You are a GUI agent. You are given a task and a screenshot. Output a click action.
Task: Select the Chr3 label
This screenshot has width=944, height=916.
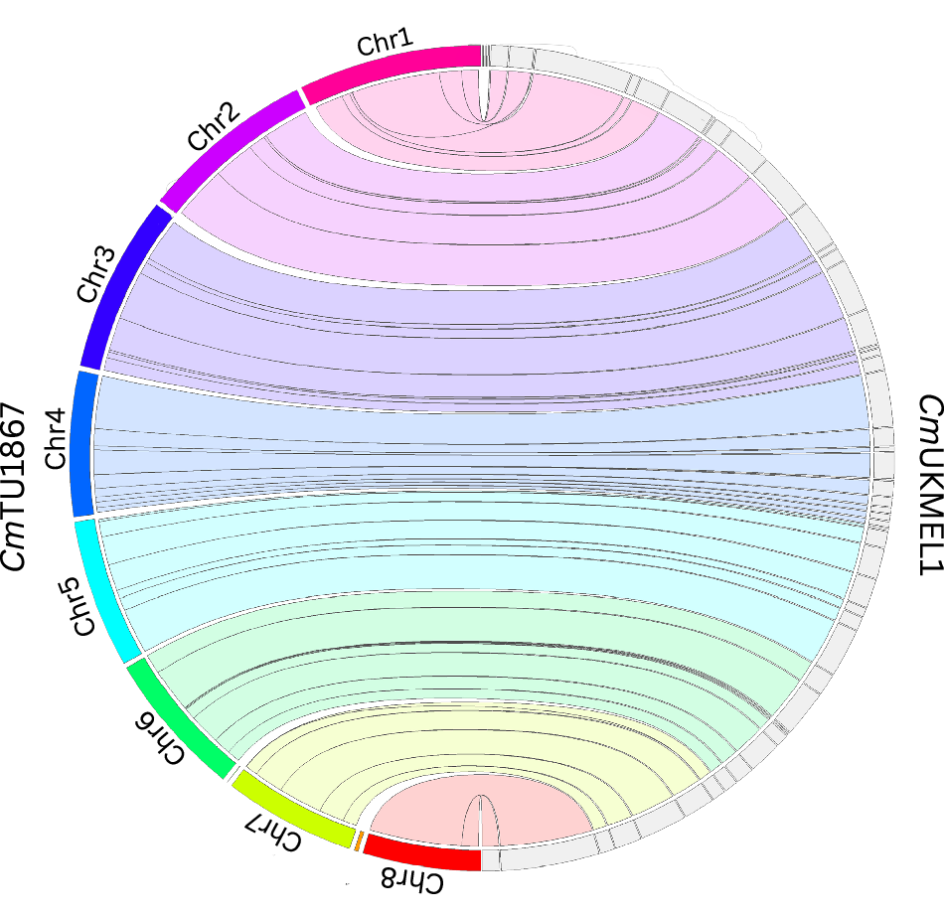coord(97,274)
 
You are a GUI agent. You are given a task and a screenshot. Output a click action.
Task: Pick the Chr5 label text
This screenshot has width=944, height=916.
coord(82,607)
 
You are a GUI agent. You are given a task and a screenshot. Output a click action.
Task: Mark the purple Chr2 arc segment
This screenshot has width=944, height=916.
coord(228,149)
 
